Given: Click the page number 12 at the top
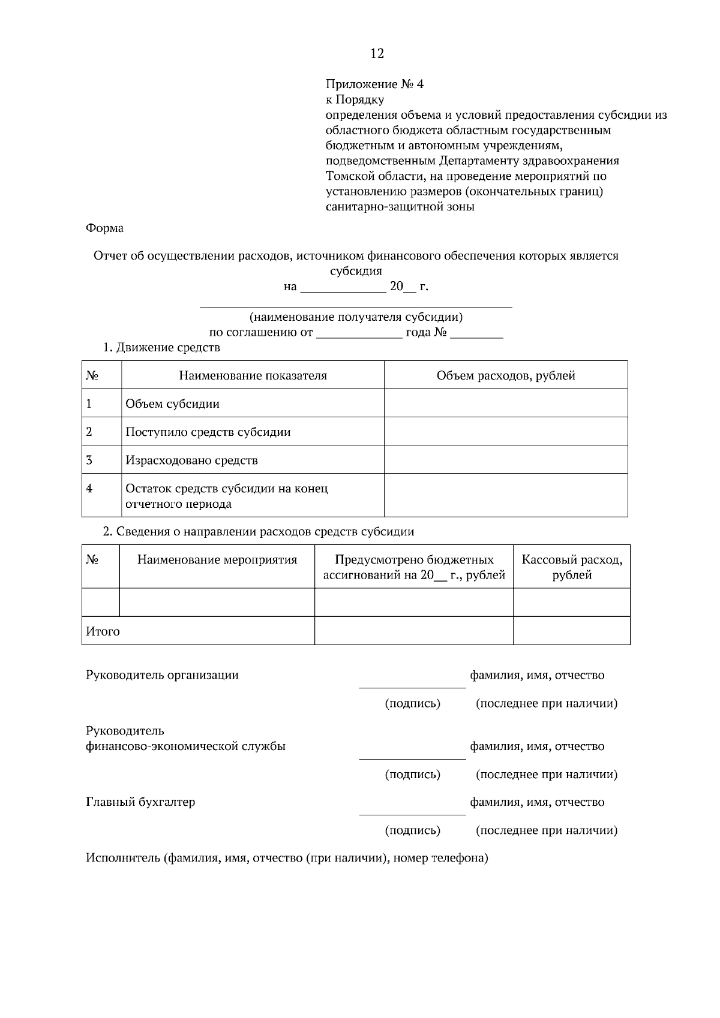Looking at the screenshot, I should tap(377, 53).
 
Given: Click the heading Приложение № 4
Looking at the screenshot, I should tap(374, 84).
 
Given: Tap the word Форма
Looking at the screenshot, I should tap(104, 228).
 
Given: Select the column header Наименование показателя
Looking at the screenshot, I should tap(253, 375).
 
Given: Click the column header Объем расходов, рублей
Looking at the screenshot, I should tap(506, 375).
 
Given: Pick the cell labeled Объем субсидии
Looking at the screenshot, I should tap(172, 403).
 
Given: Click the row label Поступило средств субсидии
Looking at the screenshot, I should tap(208, 432).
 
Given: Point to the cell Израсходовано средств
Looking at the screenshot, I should tap(191, 460).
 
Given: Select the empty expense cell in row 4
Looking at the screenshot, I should tap(506, 495).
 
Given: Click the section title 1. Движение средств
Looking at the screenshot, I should tap(161, 347).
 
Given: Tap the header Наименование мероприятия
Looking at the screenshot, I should tap(217, 560).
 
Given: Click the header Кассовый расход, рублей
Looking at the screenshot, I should tap(572, 567).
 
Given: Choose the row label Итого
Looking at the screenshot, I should tap(103, 631).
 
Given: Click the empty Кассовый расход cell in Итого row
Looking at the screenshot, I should tap(572, 631).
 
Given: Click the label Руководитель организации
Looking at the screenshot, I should tap(162, 675).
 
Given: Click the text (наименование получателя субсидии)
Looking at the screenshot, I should tap(356, 317).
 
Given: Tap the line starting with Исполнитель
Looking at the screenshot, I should tap(287, 858).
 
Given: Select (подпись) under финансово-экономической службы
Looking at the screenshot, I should tap(412, 774).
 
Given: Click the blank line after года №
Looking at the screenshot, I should tap(476, 337).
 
